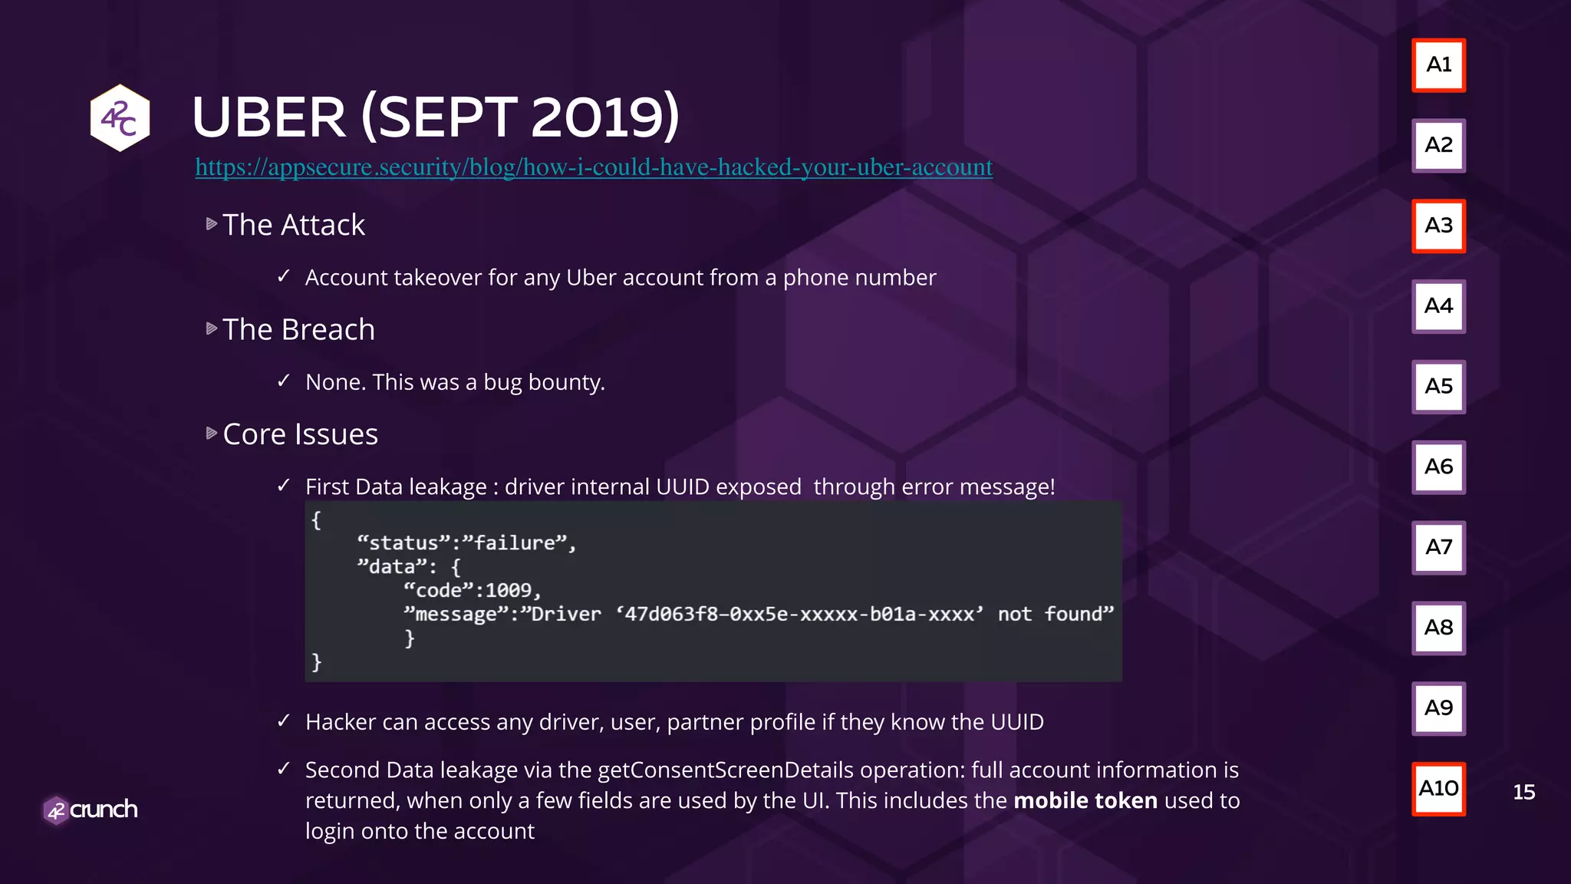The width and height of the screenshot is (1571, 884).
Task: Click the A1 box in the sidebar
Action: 1438,65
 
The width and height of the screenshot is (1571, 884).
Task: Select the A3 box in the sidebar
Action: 1438,226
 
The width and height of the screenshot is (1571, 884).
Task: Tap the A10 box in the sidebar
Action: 1438,789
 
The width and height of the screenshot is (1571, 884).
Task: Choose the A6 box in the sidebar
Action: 1438,467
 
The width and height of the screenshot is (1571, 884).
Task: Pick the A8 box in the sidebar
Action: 1438,628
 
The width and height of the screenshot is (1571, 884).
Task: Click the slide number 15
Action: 1523,792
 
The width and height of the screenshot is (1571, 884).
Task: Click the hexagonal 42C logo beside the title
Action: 120,118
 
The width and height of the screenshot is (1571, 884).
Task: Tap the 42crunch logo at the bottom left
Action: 91,810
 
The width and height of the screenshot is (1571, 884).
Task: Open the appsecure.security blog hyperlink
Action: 593,167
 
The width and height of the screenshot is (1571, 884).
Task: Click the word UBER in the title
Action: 268,117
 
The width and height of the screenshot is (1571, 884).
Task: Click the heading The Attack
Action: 294,225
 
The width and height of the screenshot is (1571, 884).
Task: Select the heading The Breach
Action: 298,330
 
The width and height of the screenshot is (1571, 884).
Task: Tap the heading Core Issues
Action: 300,434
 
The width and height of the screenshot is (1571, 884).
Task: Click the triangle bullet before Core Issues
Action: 212,434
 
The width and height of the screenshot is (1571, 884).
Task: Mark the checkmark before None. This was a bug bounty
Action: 284,381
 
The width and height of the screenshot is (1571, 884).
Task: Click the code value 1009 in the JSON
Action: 508,590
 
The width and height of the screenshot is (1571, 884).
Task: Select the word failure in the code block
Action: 515,543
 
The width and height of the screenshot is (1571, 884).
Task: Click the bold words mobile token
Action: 1085,800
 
